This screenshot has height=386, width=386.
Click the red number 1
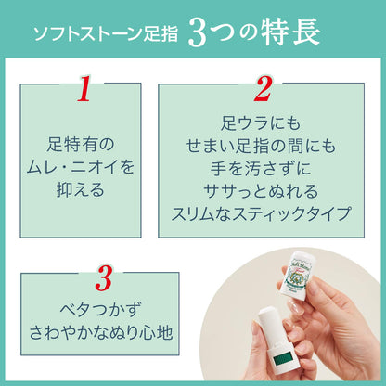pos(83,90)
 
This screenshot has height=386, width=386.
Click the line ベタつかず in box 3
pos(103,307)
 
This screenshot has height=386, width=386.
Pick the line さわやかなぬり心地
pos(103,331)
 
